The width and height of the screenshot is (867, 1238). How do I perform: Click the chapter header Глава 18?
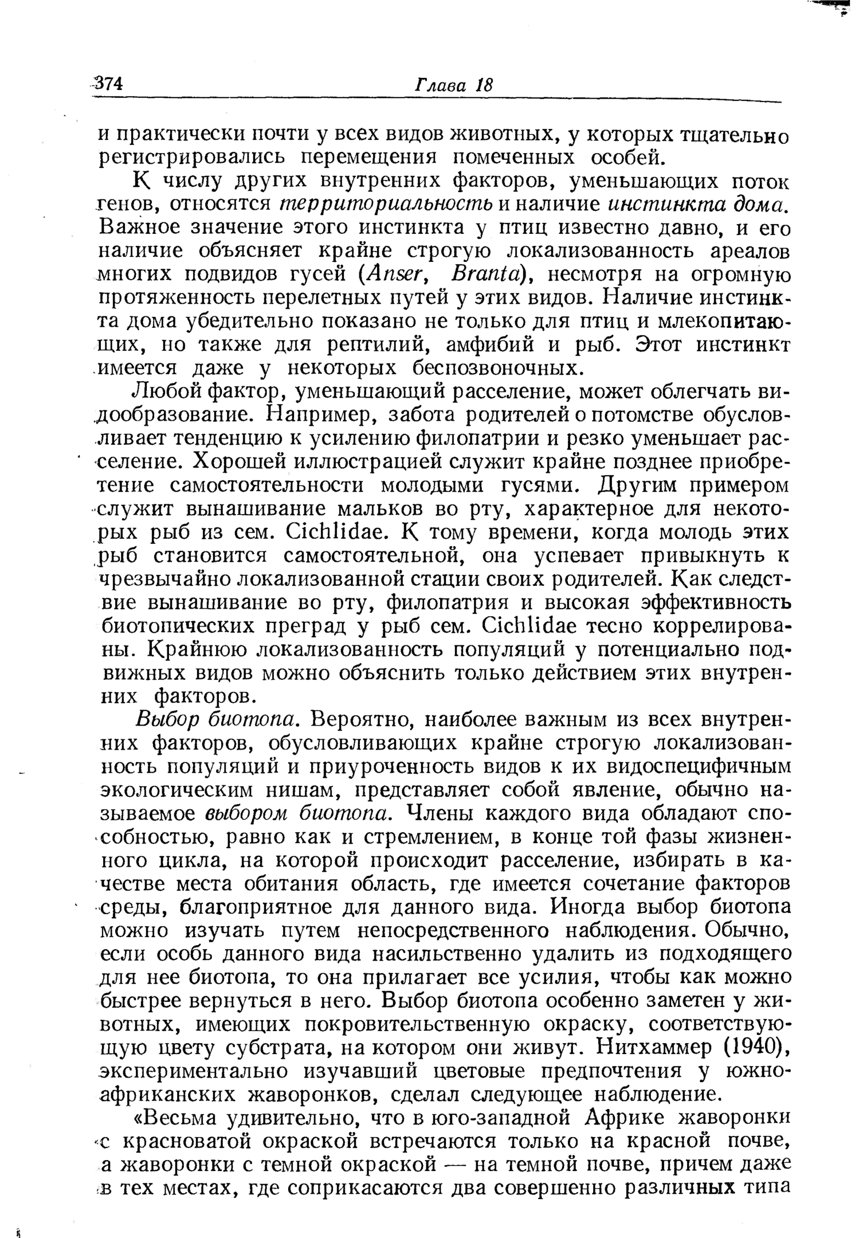click(x=453, y=85)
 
